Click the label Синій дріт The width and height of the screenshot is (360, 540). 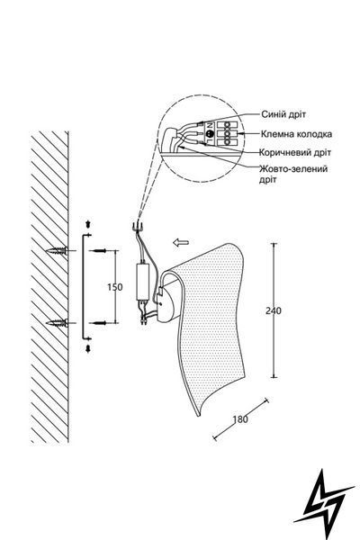coord(283,114)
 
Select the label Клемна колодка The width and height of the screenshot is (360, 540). coord(296,133)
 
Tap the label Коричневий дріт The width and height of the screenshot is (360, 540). coord(295,152)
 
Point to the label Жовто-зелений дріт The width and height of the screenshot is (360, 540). coord(293,174)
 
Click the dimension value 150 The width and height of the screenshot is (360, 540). coord(114,287)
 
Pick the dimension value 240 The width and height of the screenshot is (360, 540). coord(274,310)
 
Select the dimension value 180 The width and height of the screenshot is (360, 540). coord(240,419)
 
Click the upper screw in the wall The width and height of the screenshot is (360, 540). coord(57,250)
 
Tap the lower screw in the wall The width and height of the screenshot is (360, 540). coord(57,323)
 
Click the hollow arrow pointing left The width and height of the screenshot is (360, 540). coord(181,242)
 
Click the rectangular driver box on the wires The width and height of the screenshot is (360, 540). coord(143,281)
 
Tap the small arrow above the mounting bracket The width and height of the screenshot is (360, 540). coord(88,224)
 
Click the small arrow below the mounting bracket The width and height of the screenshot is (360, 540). coord(88,348)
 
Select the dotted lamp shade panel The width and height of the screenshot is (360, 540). coord(210,324)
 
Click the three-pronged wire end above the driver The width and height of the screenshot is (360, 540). coord(138,226)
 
